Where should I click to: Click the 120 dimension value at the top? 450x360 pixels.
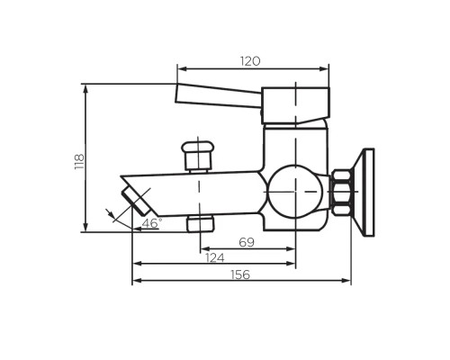pyautogui.click(x=250, y=61)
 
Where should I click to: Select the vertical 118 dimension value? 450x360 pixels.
pyautogui.click(x=78, y=160)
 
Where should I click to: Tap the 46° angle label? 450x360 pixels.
pyautogui.click(x=154, y=221)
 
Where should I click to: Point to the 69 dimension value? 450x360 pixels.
pyautogui.click(x=247, y=242)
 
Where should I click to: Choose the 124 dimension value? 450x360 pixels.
pyautogui.click(x=214, y=258)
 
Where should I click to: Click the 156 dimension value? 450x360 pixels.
pyautogui.click(x=240, y=274)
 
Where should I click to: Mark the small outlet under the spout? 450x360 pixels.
pyautogui.click(x=199, y=222)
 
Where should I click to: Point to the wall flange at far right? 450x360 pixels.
pyautogui.click(x=364, y=191)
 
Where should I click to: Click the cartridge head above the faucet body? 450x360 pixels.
pyautogui.click(x=296, y=105)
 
